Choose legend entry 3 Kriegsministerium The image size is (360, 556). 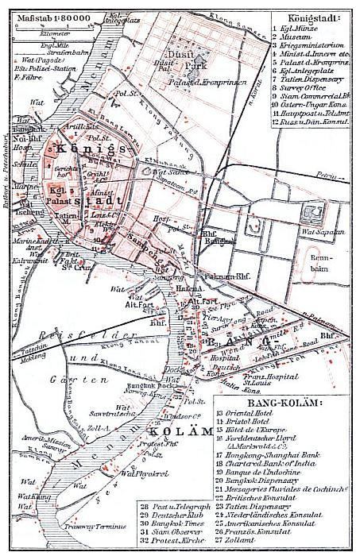pyautogui.click(x=313, y=48)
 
